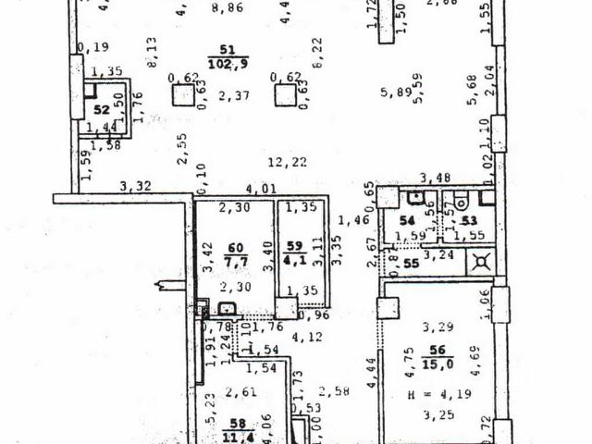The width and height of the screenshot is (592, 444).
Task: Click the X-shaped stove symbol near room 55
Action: tap(480, 262)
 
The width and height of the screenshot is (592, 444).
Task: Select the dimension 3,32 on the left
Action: tap(135, 187)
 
